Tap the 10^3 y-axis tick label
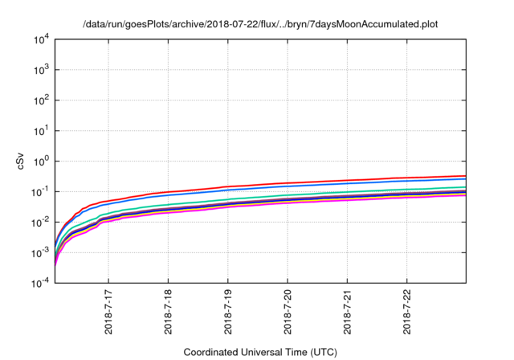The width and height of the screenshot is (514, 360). [40, 70]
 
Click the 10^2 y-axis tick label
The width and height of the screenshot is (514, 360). [40, 100]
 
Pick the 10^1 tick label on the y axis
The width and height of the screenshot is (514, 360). [40, 130]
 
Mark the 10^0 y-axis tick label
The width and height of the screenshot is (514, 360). [40, 161]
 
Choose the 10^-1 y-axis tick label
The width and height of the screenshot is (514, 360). [40, 191]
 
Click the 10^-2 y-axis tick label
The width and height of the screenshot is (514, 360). [40, 222]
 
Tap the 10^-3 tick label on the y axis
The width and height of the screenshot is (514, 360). [40, 252]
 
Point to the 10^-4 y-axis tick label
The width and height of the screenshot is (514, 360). [40, 283]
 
